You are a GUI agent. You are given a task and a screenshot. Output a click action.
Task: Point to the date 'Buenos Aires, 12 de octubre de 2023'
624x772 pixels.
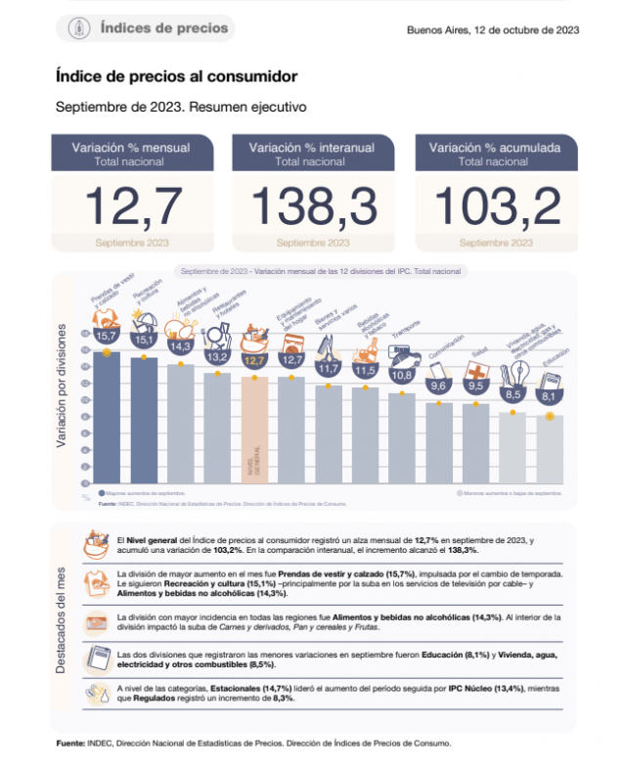point(493,29)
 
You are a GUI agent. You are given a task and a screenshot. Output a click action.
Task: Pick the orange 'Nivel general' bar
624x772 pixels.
point(255,431)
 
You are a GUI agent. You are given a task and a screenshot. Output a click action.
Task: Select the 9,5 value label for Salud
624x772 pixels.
point(476,386)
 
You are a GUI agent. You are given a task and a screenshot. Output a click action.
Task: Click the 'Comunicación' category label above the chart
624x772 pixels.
point(445,349)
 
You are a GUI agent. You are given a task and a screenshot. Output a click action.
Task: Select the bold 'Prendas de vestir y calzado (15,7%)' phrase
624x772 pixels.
point(348,573)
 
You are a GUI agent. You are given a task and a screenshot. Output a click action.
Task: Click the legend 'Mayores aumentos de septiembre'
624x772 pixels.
point(144,493)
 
